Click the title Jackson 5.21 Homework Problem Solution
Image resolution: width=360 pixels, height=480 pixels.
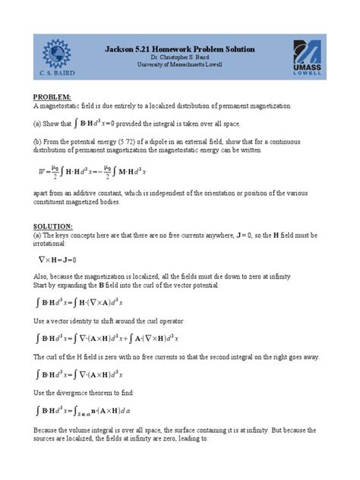179,49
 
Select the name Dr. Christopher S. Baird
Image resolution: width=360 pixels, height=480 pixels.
179,58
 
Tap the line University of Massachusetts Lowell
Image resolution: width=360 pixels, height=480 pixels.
179,65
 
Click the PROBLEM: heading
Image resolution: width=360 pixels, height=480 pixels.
52,97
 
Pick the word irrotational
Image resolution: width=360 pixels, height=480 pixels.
51,245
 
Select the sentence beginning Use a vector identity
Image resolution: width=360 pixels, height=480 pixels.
106,321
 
